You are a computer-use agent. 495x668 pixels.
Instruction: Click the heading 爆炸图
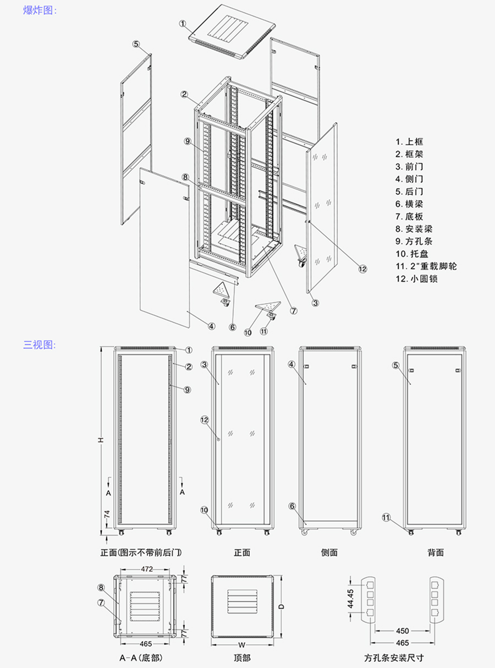click(39, 10)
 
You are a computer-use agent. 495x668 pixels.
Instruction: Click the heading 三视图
click(39, 345)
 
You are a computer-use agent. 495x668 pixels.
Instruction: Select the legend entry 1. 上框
click(409, 141)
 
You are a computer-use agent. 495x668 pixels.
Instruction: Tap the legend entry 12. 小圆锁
click(416, 278)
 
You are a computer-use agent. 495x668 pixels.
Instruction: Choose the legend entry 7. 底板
click(409, 216)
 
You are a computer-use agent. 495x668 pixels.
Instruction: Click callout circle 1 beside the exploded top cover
click(184, 23)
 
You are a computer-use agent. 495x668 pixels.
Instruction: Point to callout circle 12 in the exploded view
click(362, 269)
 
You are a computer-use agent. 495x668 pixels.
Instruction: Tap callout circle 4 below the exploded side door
click(211, 325)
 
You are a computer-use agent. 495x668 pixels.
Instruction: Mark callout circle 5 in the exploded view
click(136, 44)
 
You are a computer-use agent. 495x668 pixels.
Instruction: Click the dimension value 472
click(147, 568)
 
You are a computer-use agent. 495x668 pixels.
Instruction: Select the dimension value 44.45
click(351, 598)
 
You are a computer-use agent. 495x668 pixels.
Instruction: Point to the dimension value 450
click(403, 631)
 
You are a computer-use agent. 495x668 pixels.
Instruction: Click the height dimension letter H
click(100, 440)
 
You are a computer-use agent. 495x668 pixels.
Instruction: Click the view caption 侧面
click(329, 552)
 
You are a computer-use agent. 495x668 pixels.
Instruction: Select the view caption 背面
click(435, 552)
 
